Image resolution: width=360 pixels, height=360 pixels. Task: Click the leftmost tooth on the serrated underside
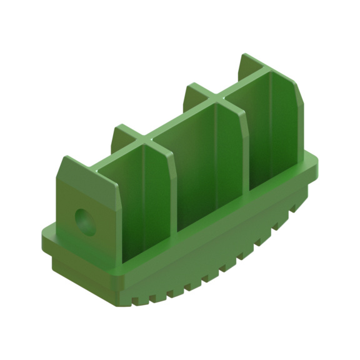tap(150, 299)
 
